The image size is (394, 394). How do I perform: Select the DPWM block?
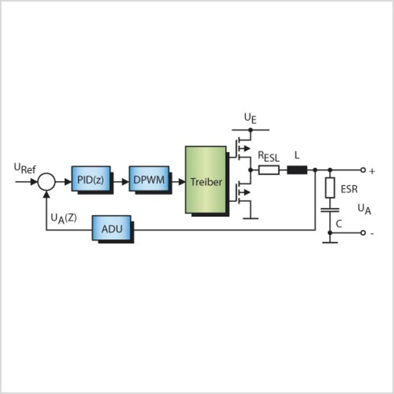[x=149, y=179]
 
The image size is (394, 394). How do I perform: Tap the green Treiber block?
[x=206, y=180]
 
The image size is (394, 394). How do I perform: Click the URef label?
[x=25, y=168]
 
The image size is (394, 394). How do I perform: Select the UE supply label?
[x=250, y=119]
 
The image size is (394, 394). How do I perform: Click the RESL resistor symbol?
[x=269, y=170]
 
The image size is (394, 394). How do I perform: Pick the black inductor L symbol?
[x=297, y=170]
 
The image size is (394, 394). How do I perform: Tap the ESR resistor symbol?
[x=330, y=188]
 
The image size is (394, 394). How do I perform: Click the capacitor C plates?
[x=330, y=210]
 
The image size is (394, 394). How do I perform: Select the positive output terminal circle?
[x=363, y=170]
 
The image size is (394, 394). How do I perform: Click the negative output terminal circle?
[x=363, y=233]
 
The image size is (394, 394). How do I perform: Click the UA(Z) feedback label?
[x=64, y=219]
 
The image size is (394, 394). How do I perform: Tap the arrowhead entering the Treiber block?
[x=182, y=182]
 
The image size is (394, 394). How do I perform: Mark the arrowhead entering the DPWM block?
[x=125, y=182]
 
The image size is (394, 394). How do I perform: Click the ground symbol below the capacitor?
[x=330, y=243]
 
